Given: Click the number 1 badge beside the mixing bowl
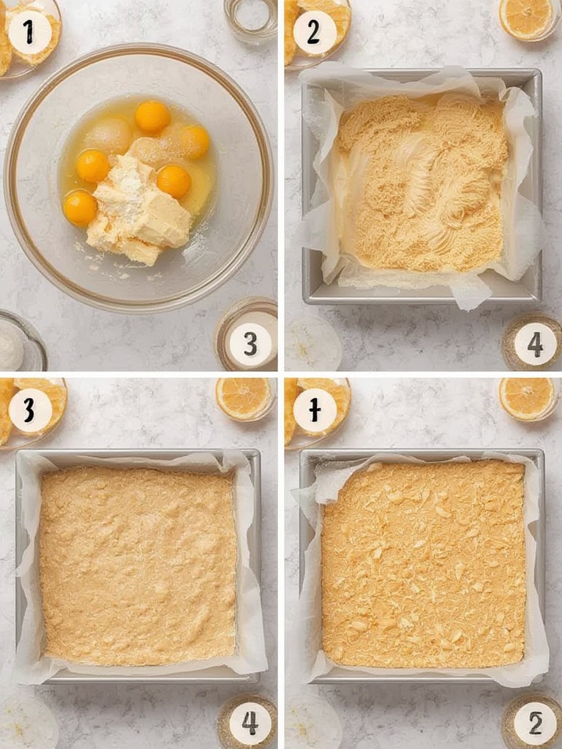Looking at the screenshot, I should pos(29,32).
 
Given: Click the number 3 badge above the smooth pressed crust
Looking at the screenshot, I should pos(29,410).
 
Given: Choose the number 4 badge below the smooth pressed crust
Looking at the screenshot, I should pos(250,723).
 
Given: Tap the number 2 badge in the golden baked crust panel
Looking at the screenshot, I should pos(535,723).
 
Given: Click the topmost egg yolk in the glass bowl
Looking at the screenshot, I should pos(152,116).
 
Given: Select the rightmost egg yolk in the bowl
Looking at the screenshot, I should pos(195,141).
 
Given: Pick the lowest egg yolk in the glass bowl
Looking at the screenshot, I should pos(80,208).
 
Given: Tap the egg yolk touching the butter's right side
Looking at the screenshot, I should pos(173,181).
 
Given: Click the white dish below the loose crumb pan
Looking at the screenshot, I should pos(313,344).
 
